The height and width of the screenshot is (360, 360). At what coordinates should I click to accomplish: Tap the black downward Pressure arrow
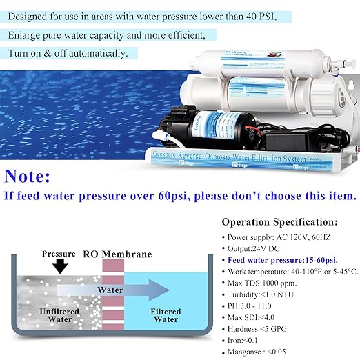coord(57,266)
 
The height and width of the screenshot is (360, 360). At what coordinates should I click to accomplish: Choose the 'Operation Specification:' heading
coord(279,223)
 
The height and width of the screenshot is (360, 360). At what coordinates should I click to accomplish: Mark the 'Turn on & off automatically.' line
coord(72,52)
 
